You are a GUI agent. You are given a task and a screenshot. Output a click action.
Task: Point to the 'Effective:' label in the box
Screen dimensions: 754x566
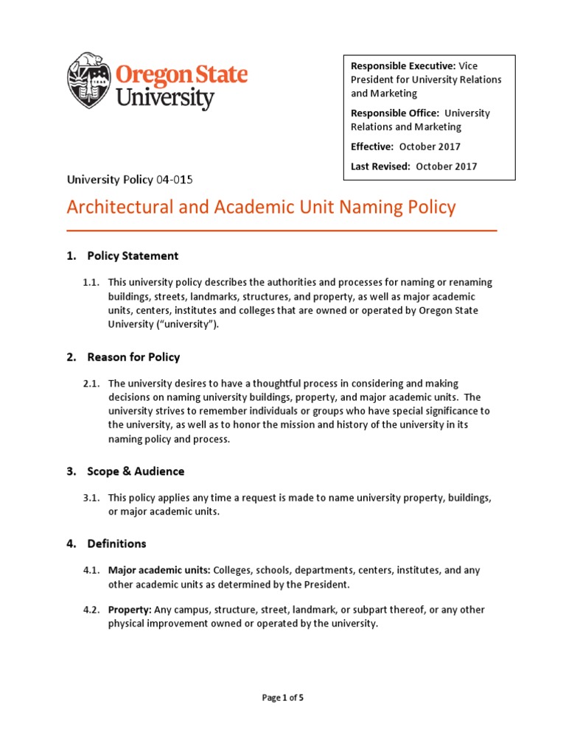[x=372, y=147]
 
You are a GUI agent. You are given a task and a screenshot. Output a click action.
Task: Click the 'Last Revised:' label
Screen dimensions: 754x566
[x=380, y=166]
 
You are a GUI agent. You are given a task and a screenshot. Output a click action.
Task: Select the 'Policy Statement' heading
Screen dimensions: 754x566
[x=133, y=256]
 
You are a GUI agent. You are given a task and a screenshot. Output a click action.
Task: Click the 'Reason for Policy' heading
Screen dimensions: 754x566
[x=133, y=357]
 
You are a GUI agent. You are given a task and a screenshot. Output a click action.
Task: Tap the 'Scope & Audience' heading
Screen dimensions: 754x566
[x=136, y=471]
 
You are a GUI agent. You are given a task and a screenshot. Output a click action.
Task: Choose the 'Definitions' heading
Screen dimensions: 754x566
[x=116, y=543]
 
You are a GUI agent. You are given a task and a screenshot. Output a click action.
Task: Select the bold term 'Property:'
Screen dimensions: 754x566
[x=130, y=610]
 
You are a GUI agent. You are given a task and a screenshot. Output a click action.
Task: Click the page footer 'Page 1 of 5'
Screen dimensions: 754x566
[x=283, y=698]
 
